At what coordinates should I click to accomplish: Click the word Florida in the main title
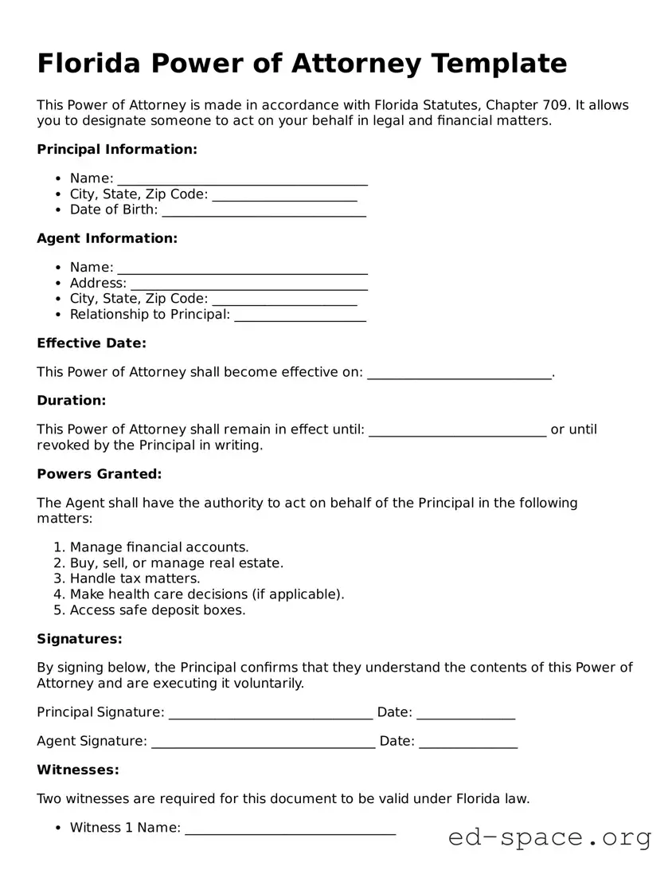88,63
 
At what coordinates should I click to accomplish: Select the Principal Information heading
117,149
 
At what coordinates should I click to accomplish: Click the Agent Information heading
107,238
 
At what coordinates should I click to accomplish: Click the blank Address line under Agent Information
248,284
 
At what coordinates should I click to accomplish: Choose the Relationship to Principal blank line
300,315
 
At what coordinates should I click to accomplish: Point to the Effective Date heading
92,343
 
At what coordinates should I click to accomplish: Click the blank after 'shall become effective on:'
459,374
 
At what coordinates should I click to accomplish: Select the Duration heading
72,401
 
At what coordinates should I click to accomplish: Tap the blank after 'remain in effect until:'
458,431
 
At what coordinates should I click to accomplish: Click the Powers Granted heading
100,474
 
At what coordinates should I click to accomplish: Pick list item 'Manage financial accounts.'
159,547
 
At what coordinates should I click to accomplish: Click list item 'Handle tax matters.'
135,578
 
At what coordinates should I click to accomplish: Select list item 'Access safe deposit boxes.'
158,610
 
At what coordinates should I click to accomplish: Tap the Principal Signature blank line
271,714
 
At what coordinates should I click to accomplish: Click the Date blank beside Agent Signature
468,743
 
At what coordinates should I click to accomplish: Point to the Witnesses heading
78,770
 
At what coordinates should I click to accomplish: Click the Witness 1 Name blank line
290,829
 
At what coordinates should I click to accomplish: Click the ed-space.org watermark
549,837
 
